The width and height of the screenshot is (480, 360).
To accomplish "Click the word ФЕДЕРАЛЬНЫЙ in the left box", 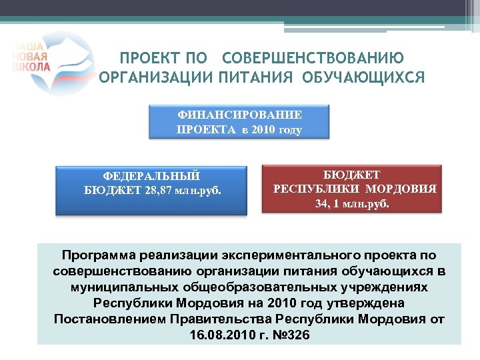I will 151,176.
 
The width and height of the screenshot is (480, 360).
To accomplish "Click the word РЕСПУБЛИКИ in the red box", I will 317,189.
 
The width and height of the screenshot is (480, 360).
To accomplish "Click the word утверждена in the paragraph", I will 365,302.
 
